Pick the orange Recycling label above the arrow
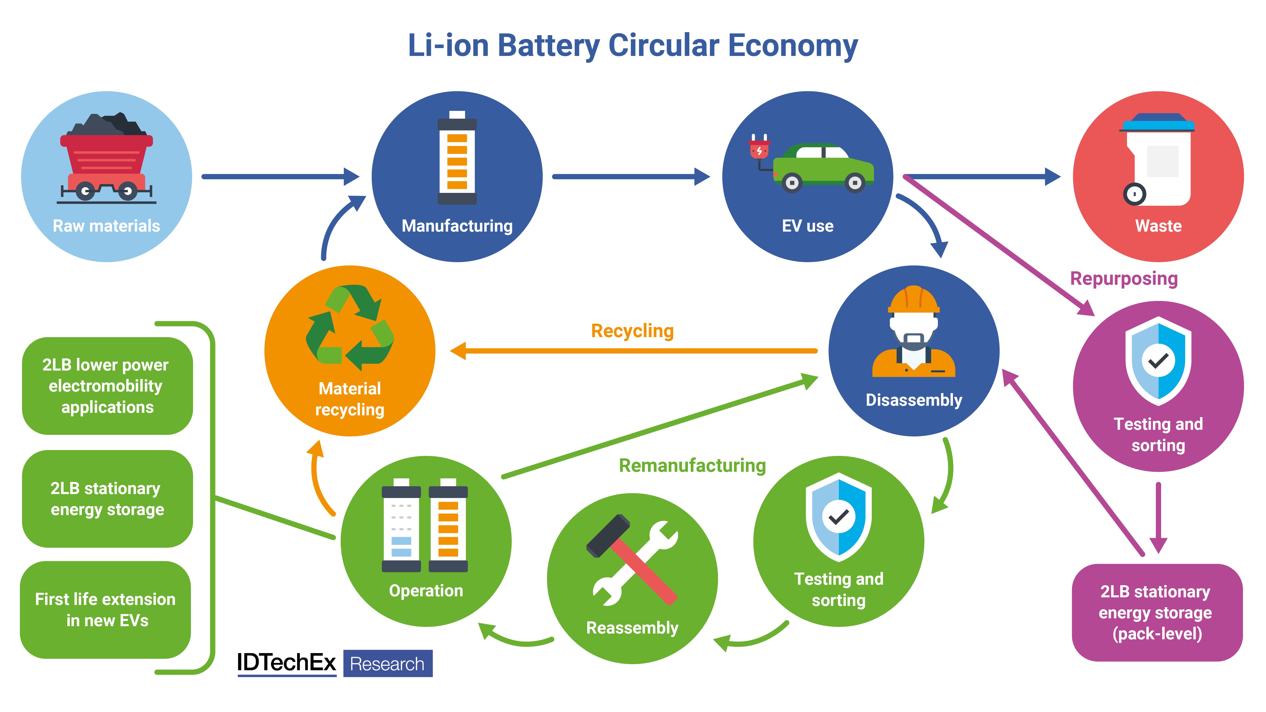pyautogui.click(x=632, y=331)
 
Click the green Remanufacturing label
pyautogui.click(x=692, y=465)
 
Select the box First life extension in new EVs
pyautogui.click(x=106, y=610)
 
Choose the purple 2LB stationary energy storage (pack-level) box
pyautogui.click(x=1156, y=612)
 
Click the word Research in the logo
pyautogui.click(x=387, y=664)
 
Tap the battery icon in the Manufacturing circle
pyautogui.click(x=457, y=157)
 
